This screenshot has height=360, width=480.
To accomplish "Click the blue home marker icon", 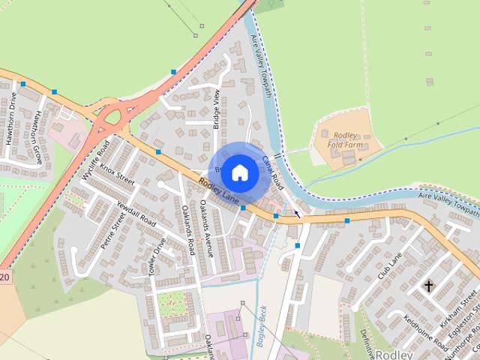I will [x=239, y=172].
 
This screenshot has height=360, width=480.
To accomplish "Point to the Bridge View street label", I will [x=217, y=109].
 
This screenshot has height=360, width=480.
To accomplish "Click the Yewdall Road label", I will [x=136, y=212].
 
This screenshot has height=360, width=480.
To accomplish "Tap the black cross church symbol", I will [x=429, y=286].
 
